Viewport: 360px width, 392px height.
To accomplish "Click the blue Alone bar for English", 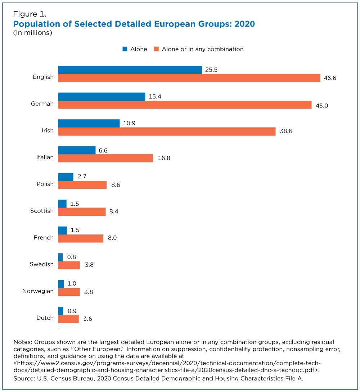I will tap(130, 70).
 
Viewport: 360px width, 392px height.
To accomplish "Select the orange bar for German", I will tap(185, 105).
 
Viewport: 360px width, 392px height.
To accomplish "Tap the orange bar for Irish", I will tap(167, 131).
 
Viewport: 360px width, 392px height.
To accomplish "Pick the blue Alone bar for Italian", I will tap(77, 150).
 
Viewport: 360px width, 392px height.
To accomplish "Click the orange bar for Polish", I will tap(82, 185).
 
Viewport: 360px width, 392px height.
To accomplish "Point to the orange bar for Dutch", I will tap(68, 319).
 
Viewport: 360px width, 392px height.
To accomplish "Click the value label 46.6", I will tap(330, 78).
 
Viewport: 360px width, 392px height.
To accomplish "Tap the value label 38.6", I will tap(286, 131).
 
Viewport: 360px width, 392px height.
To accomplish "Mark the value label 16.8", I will tap(164, 158).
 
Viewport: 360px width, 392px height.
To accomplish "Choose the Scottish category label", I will tap(42, 211).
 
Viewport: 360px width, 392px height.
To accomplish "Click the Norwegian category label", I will tap(38, 291).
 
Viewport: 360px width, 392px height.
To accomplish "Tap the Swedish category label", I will tap(42, 264).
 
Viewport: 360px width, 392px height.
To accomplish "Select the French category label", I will tap(44, 237).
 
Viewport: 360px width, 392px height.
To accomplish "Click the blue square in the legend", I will tap(125, 49).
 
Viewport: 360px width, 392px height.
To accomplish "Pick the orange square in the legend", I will tap(157, 49).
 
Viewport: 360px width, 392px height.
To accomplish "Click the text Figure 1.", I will tap(30, 15).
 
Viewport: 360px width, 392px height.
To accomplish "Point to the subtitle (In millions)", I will tap(33, 33).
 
